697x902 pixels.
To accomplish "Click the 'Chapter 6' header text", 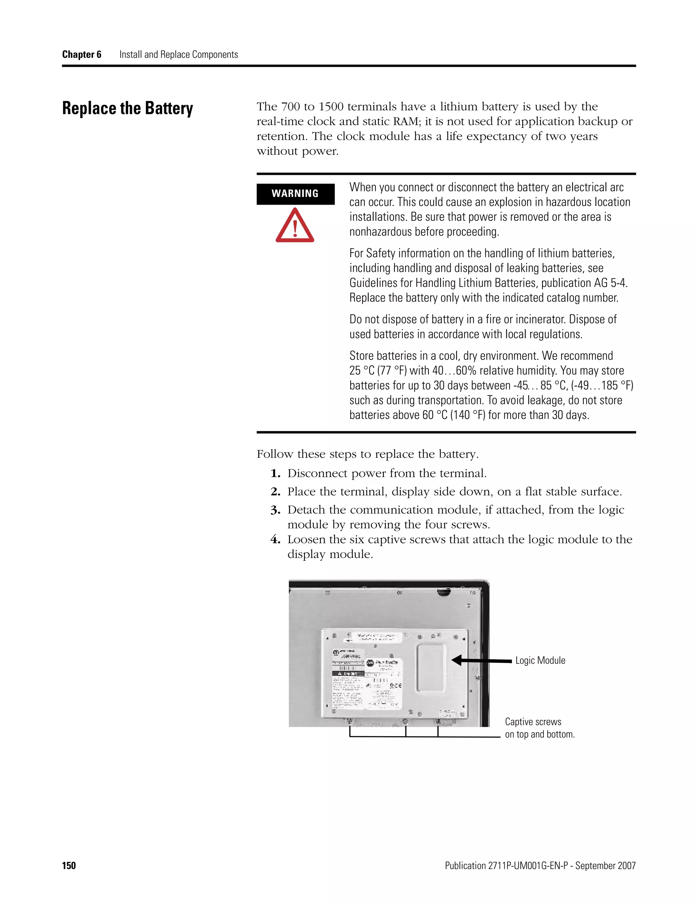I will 81,54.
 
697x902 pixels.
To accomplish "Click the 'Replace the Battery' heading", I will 128,108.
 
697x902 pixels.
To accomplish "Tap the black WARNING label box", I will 295,194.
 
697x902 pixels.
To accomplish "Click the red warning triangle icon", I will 295,226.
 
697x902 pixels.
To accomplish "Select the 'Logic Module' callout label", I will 540,660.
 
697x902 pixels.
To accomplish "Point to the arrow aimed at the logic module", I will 481,661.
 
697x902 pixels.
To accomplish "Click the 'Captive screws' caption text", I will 533,722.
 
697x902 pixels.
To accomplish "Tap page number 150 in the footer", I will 69,866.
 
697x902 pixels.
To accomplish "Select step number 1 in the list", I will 275,474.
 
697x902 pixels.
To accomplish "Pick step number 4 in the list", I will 275,540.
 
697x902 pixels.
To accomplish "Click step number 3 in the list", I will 275,511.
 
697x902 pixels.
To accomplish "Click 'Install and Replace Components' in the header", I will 178,54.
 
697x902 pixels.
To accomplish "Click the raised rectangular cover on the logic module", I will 431,667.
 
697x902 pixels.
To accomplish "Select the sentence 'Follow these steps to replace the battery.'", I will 368,454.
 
